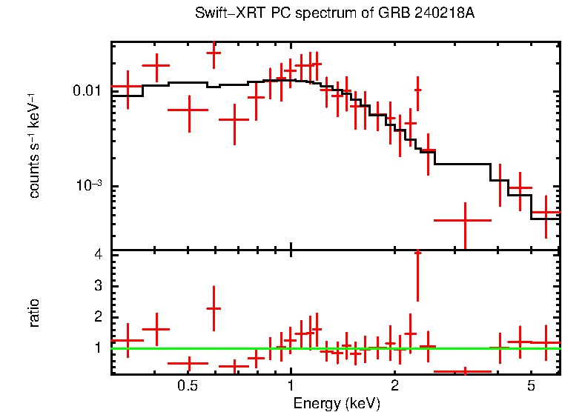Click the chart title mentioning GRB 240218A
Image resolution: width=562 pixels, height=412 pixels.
click(334, 14)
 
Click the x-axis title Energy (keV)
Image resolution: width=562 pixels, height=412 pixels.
click(336, 403)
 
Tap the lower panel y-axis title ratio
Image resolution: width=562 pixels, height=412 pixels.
click(35, 313)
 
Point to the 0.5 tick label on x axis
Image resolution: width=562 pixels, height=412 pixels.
click(188, 386)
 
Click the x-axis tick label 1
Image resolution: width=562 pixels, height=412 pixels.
click(291, 386)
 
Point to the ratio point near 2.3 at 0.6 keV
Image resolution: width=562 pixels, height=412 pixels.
click(214, 308)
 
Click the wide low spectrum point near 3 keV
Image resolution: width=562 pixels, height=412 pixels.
click(463, 220)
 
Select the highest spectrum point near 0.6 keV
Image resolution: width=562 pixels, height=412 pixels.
click(214, 53)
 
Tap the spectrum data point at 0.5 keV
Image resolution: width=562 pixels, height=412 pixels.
click(190, 110)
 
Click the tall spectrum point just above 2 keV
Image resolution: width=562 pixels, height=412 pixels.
click(417, 90)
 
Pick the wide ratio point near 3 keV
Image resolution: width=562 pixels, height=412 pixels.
click(463, 371)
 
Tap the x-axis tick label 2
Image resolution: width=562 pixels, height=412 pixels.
click(394, 386)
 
